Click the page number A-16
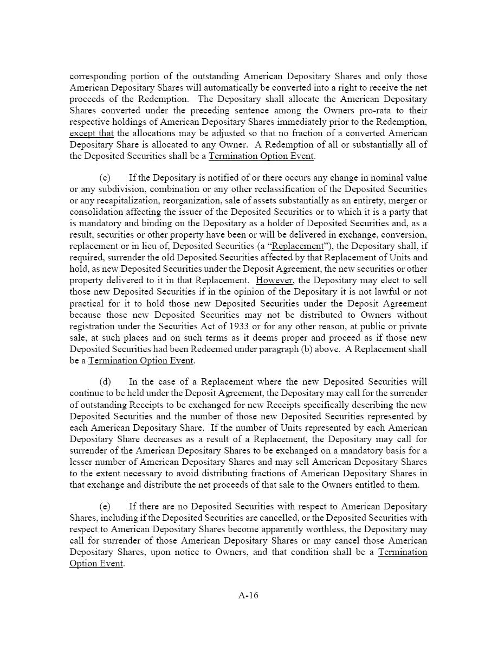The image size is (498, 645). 248,595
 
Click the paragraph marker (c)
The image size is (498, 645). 105,177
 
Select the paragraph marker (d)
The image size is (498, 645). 105,381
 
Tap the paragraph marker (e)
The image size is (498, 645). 105,506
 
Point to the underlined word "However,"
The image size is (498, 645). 275,280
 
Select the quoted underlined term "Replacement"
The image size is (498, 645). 297,246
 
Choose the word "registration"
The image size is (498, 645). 95,326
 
